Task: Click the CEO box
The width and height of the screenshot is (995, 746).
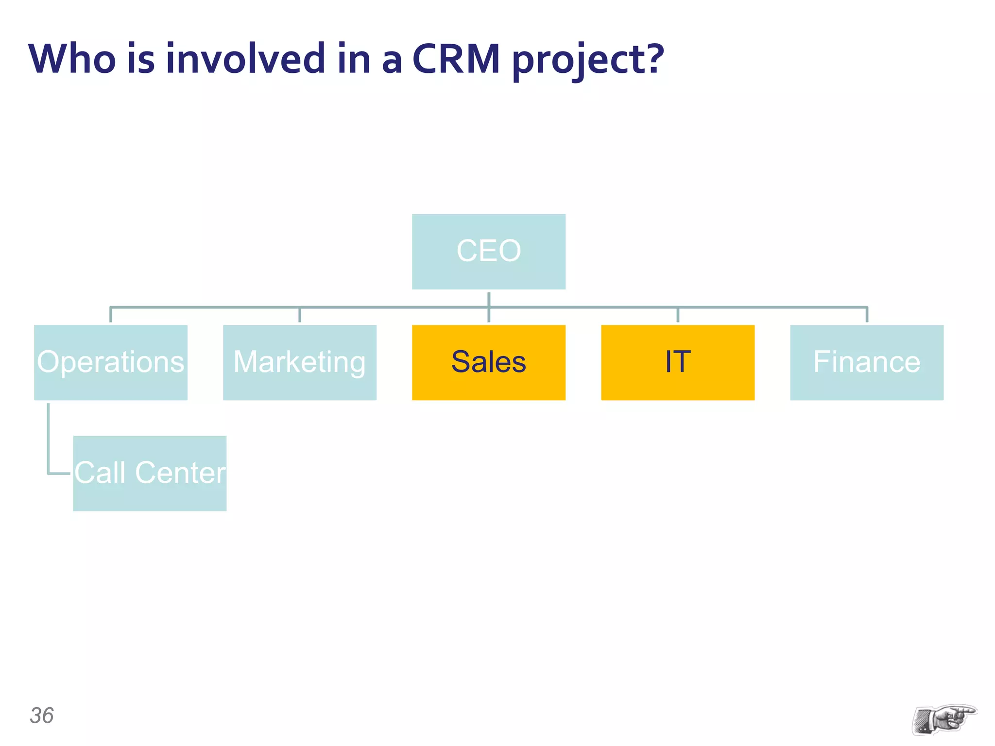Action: (x=488, y=252)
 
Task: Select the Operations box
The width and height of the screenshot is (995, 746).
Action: (x=110, y=362)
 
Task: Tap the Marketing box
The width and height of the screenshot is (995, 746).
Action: (x=299, y=362)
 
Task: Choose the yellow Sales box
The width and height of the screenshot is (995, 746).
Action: (x=488, y=362)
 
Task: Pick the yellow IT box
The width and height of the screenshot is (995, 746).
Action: (x=677, y=362)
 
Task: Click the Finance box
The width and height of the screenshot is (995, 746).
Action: (x=866, y=362)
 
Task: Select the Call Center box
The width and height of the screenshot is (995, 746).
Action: (x=150, y=473)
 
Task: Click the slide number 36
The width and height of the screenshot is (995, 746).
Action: (x=42, y=715)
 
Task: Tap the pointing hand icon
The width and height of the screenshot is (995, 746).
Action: (x=944, y=719)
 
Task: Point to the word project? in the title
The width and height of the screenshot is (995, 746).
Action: (x=588, y=60)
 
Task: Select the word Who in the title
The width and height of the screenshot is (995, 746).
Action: (x=72, y=59)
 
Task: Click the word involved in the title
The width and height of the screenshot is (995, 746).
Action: (x=245, y=59)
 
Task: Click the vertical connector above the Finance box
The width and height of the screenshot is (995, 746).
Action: (x=867, y=315)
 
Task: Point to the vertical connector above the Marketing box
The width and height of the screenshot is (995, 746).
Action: (x=300, y=315)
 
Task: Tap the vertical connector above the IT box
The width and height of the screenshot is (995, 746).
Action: (x=678, y=315)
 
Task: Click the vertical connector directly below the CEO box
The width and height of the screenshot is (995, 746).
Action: (x=489, y=299)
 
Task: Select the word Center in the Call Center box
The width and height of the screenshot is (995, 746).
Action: (x=180, y=473)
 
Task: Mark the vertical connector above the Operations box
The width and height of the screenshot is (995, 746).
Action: (x=111, y=315)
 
